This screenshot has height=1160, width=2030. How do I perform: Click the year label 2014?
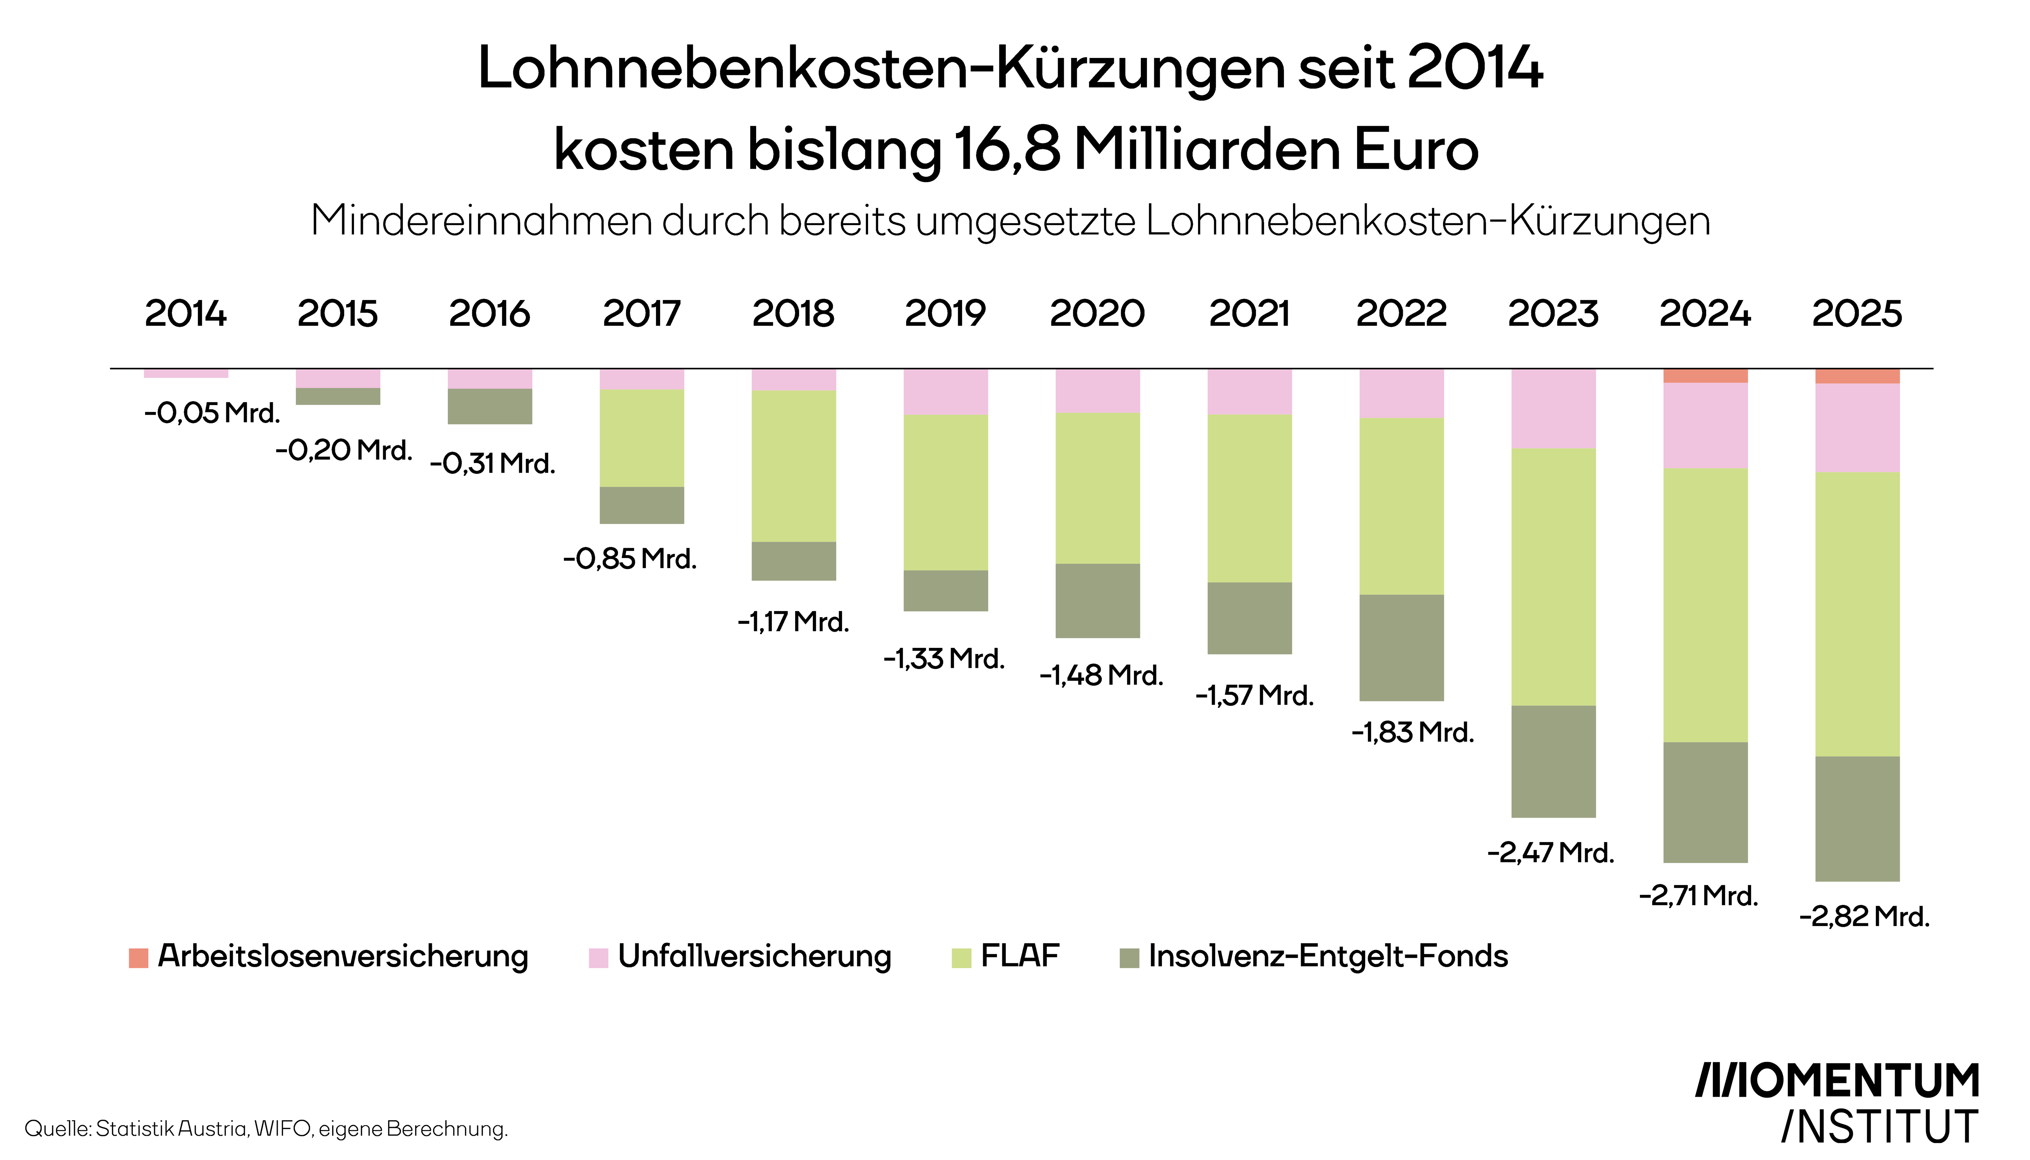[x=186, y=313]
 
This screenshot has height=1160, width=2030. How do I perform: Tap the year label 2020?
[x=1097, y=313]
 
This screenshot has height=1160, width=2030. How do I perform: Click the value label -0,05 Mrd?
[x=212, y=413]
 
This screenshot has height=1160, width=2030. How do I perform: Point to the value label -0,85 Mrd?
[x=629, y=559]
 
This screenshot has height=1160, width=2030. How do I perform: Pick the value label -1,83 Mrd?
[x=1412, y=732]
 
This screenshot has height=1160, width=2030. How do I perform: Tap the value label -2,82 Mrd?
[x=1864, y=916]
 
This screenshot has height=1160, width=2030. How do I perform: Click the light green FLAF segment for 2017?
[x=641, y=438]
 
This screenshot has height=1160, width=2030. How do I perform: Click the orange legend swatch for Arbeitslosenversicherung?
[x=138, y=957]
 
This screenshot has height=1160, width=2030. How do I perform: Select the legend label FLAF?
[x=1020, y=956]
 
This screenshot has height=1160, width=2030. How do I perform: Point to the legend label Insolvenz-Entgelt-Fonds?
[x=1328, y=956]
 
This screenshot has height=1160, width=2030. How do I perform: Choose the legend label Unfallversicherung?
[x=755, y=956]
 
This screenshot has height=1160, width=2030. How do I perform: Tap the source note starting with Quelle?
[x=266, y=1129]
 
